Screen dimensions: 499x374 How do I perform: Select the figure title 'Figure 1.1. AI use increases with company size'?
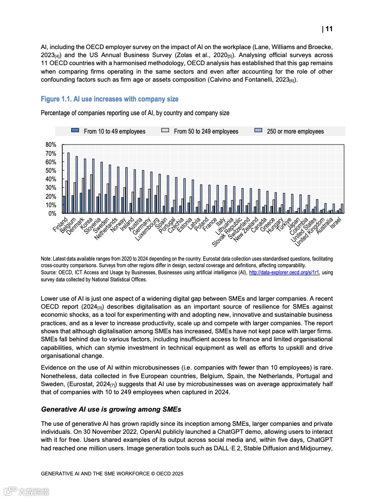(109, 99)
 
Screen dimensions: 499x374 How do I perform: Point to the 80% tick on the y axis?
(51, 144)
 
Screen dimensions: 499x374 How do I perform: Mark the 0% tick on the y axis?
(52, 213)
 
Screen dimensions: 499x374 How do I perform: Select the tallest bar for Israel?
(342, 209)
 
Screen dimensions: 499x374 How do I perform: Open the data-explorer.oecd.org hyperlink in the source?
(284, 272)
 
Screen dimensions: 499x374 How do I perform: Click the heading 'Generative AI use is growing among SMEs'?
(111, 409)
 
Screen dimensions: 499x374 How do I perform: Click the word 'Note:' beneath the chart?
(46, 259)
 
